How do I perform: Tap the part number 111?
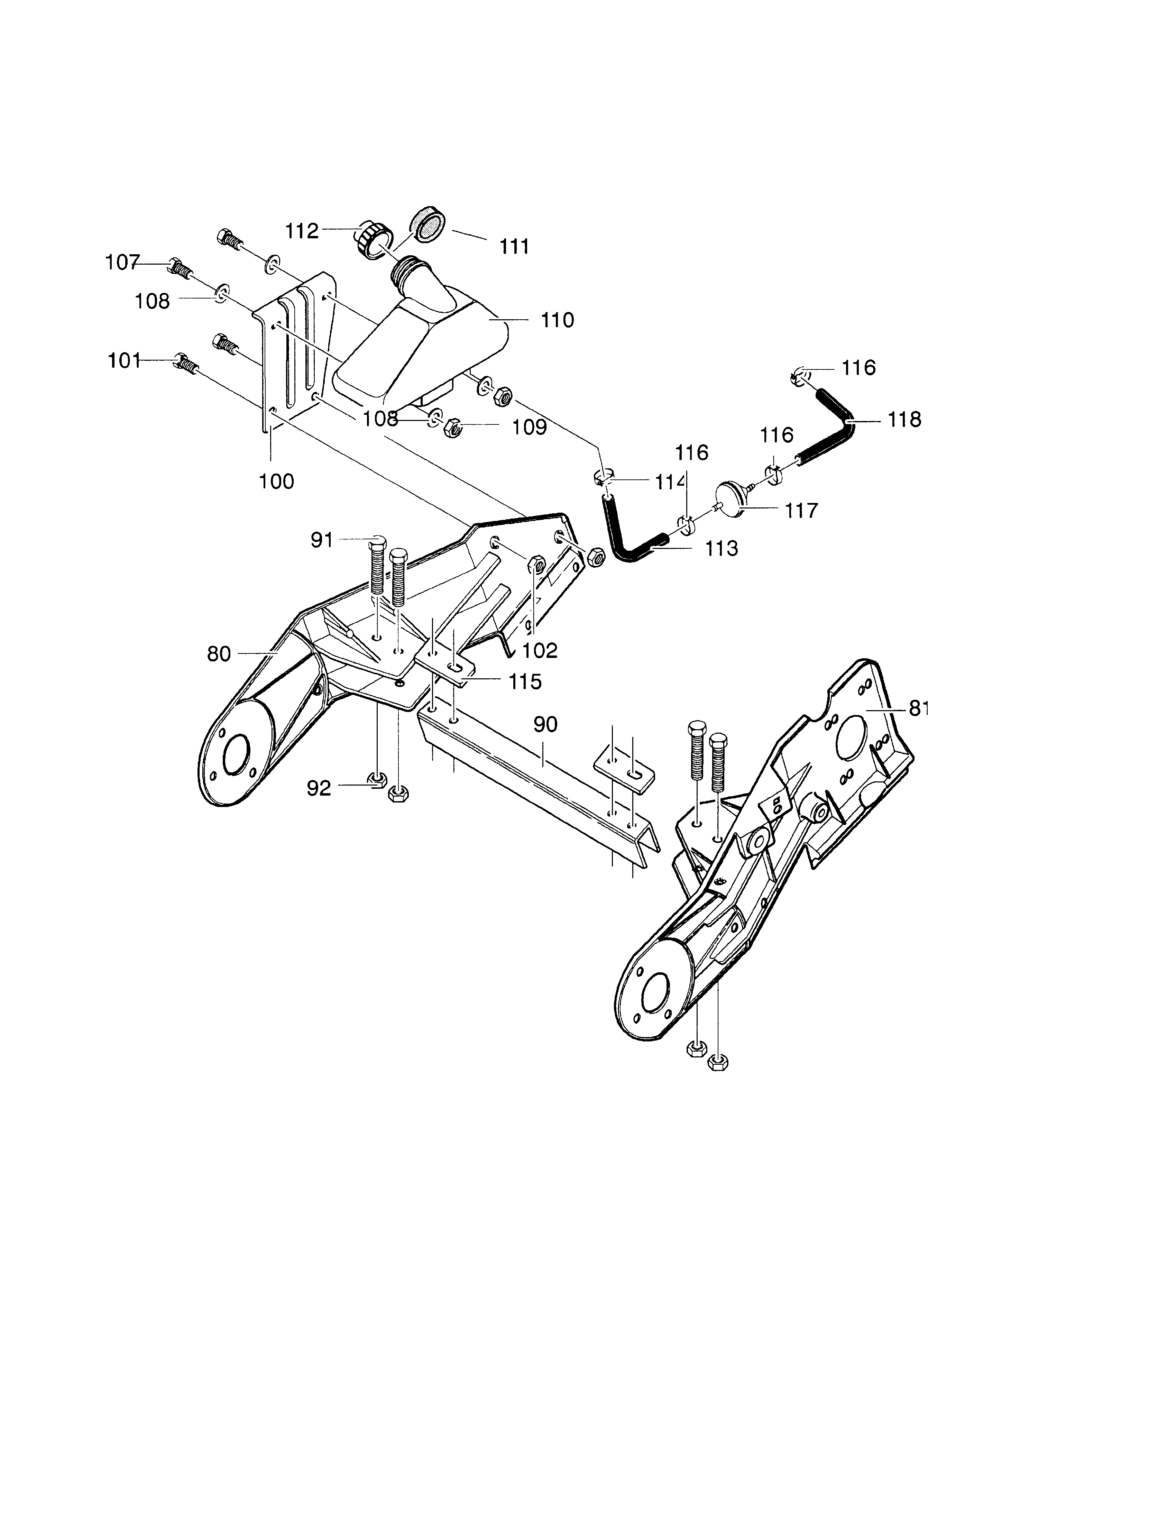coord(514,247)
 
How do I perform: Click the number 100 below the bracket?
coord(277,481)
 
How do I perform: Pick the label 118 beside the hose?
coord(904,420)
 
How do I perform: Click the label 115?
coord(525,681)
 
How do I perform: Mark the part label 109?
coord(530,427)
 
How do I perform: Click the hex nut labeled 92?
coord(378,780)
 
